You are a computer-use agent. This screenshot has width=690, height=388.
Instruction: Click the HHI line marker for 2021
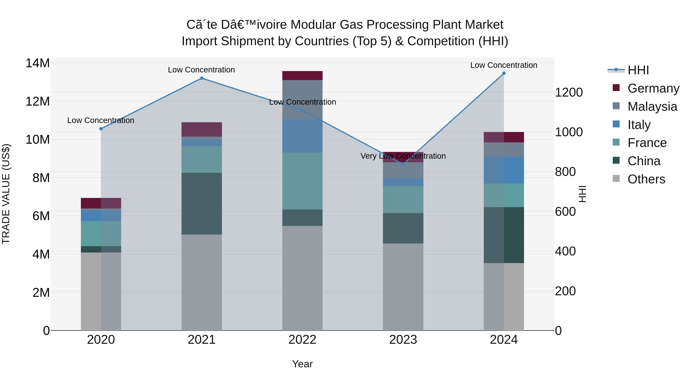(202, 78)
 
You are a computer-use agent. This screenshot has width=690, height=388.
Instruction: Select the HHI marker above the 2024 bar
(504, 73)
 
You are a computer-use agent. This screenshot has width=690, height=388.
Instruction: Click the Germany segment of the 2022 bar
(302, 75)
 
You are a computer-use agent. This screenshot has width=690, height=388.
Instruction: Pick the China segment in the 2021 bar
(202, 203)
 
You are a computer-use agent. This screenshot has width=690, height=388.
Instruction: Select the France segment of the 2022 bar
(302, 181)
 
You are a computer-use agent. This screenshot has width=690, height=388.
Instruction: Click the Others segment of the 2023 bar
(403, 286)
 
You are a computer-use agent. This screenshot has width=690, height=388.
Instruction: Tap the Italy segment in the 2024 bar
(504, 170)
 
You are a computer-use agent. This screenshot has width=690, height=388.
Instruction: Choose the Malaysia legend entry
(652, 107)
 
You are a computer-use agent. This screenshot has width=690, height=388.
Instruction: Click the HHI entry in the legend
(638, 70)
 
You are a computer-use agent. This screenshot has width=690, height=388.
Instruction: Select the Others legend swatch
(616, 179)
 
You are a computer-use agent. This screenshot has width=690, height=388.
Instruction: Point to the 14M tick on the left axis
(38, 63)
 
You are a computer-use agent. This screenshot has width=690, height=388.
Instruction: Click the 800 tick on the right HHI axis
(565, 172)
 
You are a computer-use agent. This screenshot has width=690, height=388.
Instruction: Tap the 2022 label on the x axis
(302, 340)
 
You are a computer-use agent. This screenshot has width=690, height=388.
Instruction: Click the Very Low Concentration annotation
(403, 156)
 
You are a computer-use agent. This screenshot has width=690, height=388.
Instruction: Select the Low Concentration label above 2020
(101, 121)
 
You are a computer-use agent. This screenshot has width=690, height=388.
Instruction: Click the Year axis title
(302, 364)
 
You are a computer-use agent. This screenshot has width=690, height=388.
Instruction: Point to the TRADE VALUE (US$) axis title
(6, 194)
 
